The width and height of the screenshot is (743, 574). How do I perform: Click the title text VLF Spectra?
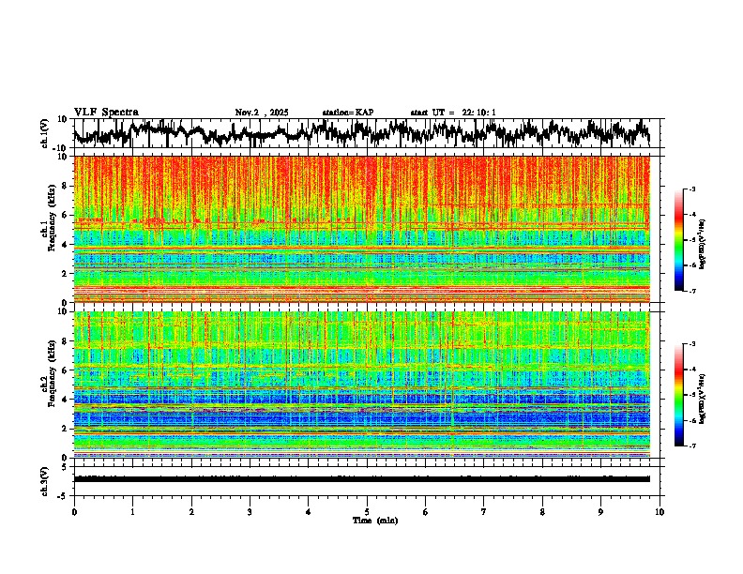click(106, 112)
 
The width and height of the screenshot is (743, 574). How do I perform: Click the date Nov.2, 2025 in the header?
click(262, 113)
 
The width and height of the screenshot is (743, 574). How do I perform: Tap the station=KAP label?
click(348, 113)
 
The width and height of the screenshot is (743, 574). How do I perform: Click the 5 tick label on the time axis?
click(367, 511)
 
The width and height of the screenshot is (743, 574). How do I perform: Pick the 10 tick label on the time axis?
click(660, 511)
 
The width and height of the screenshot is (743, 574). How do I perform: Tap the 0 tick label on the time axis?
click(74, 511)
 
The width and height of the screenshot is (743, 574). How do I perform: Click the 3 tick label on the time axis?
click(250, 511)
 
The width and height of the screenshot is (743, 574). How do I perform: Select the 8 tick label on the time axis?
click(542, 511)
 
